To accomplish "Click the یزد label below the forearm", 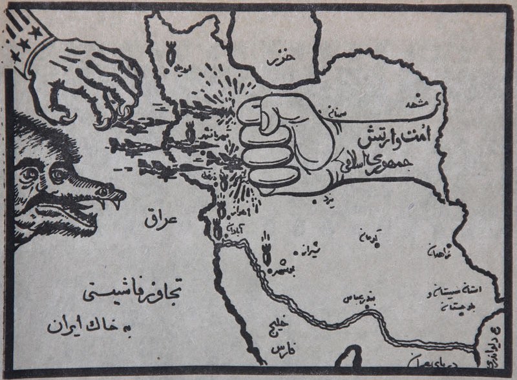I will [339, 199].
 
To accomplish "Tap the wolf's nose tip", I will [120, 191].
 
